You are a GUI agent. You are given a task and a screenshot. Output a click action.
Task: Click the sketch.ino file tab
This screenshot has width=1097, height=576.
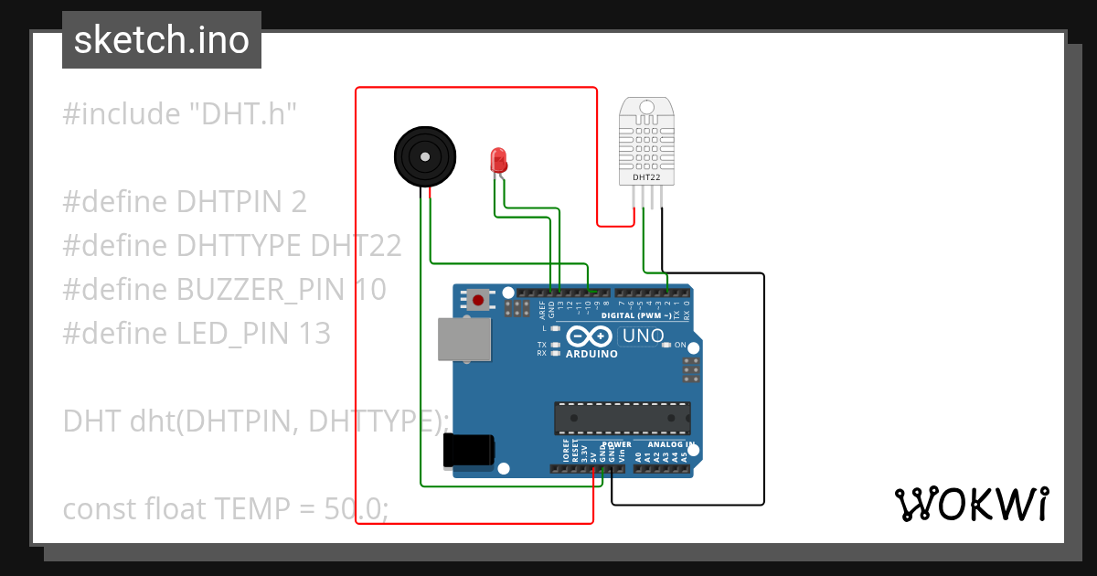pos(162,40)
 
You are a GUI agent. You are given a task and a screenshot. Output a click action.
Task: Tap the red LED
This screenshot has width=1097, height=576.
pos(498,160)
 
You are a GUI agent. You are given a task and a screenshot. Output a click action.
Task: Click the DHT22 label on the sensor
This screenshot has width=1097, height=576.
pos(646,177)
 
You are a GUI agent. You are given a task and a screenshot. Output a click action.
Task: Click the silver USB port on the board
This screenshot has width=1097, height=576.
pos(463,339)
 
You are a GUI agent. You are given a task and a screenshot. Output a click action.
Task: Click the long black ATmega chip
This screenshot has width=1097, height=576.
pos(622,417)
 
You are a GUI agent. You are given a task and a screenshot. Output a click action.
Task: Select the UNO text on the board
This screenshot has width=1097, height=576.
pos(643,336)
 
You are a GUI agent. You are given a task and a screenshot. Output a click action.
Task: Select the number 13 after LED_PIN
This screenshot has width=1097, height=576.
pos(314,334)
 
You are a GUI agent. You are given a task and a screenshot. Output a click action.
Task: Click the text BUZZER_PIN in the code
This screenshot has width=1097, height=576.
pos(261,290)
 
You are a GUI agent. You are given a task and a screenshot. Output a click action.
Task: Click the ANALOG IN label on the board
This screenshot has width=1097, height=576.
pos(666,444)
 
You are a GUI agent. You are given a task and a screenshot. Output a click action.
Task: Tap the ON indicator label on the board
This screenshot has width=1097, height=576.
pos(680,345)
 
